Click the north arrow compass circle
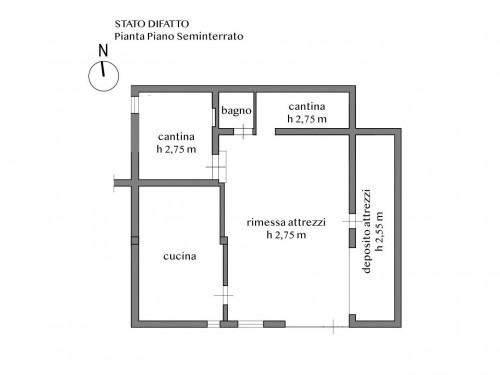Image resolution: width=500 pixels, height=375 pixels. point(89,76)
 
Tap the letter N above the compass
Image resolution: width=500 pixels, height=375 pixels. point(103,51)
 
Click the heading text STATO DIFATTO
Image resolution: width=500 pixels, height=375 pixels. point(152,24)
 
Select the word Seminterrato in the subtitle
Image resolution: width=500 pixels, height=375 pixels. point(210,36)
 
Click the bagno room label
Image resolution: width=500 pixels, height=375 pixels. point(236,111)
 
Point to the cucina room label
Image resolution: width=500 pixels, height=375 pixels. point(180,256)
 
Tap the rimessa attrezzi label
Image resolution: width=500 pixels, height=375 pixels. point(286,222)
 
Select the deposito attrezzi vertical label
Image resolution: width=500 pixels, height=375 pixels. point(367,231)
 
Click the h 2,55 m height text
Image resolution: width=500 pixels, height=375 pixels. point(379,231)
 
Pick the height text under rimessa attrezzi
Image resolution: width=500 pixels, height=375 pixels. point(286,235)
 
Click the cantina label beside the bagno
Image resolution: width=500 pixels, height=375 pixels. point(307,106)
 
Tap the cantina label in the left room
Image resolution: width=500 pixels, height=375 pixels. point(176,137)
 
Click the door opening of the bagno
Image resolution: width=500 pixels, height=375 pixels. point(243,131)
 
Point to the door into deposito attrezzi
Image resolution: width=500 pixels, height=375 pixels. point(352,221)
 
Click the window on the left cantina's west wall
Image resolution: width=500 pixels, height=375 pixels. point(135,105)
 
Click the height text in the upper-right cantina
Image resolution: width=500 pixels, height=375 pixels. point(307,119)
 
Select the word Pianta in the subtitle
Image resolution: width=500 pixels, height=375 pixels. point(125,36)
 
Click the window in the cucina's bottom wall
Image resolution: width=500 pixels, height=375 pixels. point(214,324)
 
